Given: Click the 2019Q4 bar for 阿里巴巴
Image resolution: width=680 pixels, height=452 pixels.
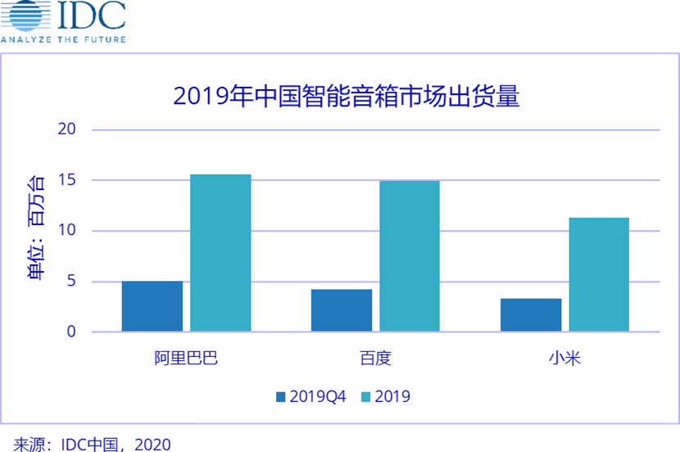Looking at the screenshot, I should (x=152, y=306).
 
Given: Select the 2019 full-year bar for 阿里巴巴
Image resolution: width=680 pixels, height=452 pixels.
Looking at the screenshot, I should (x=220, y=253).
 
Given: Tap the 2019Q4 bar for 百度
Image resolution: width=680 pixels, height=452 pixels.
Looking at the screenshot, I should (x=342, y=310).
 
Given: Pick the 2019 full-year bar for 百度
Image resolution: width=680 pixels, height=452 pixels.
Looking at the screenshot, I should (x=409, y=256).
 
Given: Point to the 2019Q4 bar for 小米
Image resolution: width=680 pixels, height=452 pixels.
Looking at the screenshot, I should (x=531, y=315).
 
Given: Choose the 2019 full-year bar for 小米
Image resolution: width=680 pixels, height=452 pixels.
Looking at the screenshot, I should (x=599, y=274).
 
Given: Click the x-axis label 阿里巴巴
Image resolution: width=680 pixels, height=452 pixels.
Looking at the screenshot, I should (x=186, y=359).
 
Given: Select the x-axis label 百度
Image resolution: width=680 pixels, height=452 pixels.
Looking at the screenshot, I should (x=375, y=359).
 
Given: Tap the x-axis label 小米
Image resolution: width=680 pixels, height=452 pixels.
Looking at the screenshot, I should (x=564, y=359).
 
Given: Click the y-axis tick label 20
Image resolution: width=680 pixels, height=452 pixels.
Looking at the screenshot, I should (x=67, y=129).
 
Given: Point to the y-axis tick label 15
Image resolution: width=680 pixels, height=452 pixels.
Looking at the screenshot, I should (x=67, y=180).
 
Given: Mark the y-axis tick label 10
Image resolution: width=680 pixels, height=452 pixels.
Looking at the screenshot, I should (x=67, y=231).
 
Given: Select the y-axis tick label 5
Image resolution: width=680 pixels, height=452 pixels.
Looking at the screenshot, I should (x=71, y=282).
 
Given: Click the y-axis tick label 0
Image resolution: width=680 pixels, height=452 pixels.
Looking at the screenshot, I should (x=71, y=332).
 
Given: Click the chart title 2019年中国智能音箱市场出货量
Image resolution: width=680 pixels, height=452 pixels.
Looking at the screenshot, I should (x=346, y=96).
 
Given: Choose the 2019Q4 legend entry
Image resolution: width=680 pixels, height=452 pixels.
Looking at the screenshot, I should (x=311, y=397).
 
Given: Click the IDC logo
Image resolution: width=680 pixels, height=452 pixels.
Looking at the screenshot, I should (x=63, y=20).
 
